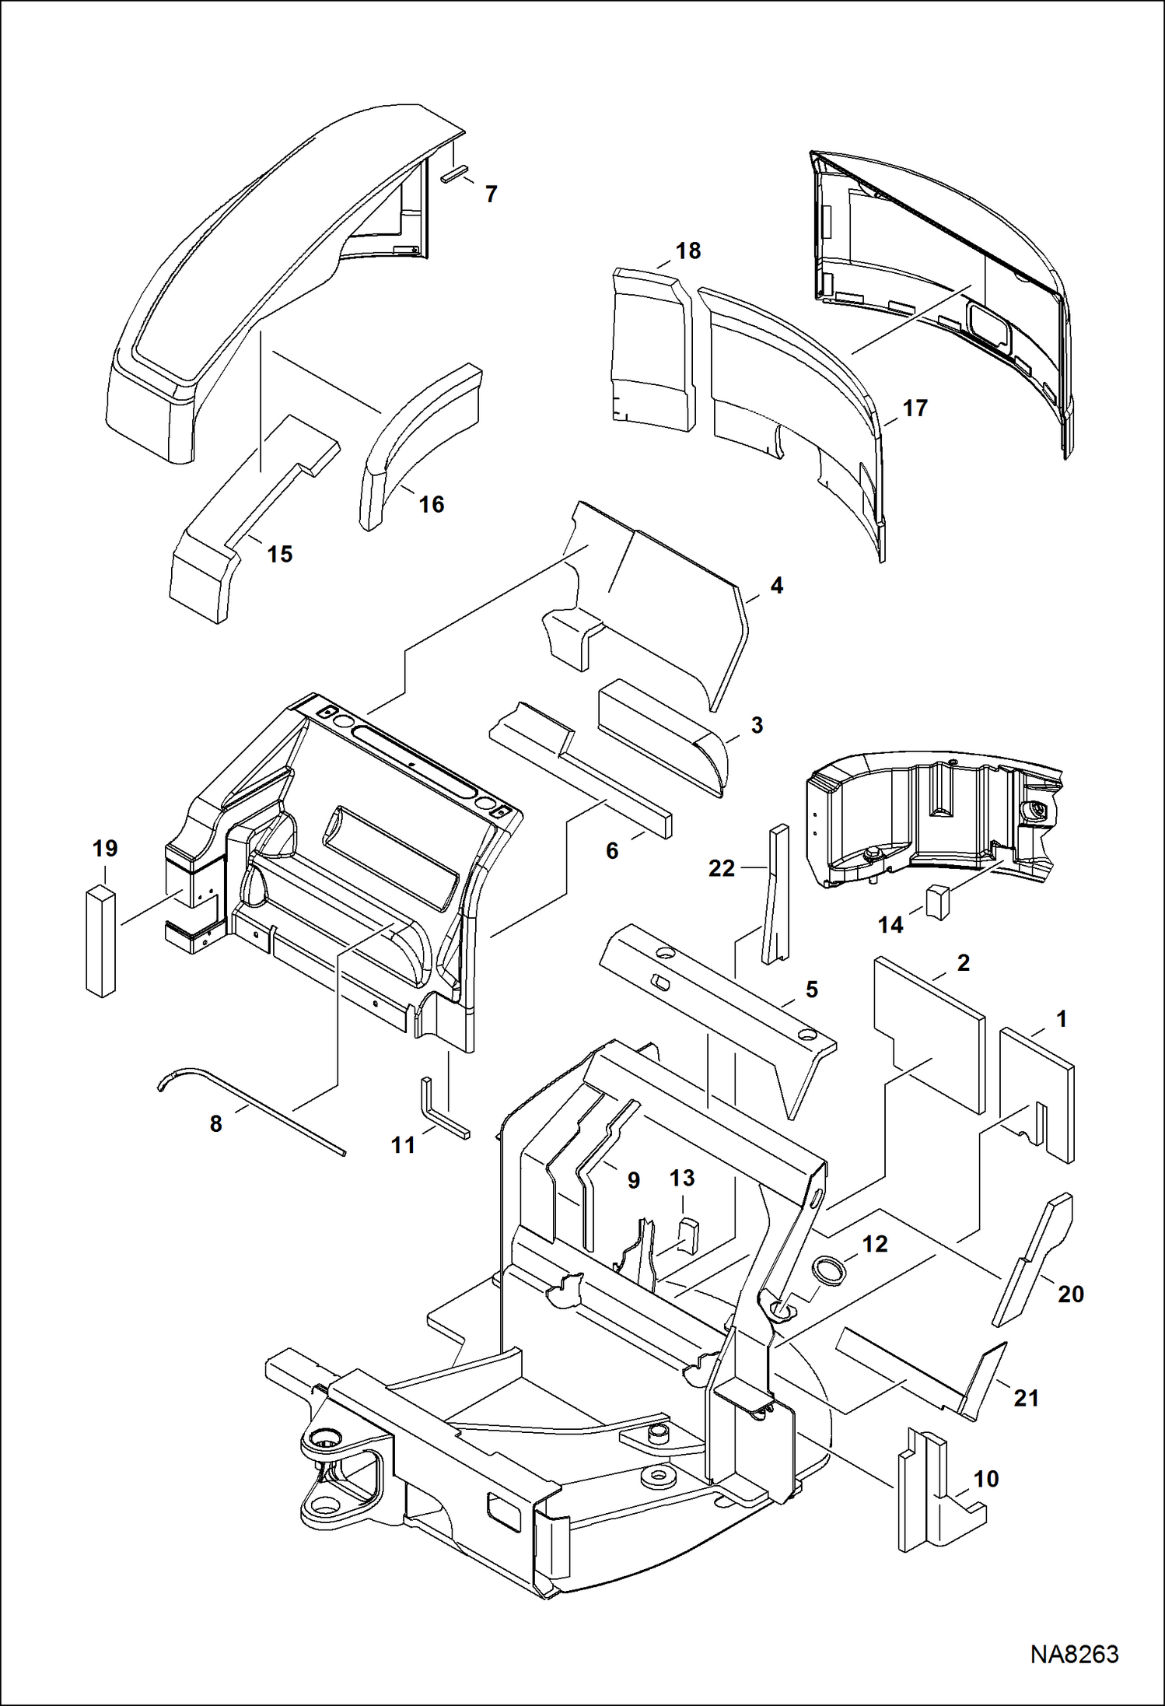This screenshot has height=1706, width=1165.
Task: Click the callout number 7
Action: (491, 194)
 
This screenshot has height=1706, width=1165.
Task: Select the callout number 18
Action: (688, 251)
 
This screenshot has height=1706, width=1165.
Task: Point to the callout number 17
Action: (915, 408)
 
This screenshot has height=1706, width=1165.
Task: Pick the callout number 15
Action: (280, 555)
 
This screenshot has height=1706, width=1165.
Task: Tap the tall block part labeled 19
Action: (100, 941)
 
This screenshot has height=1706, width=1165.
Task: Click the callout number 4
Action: (776, 586)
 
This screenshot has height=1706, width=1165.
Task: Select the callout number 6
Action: (612, 851)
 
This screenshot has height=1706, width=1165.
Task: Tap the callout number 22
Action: (721, 868)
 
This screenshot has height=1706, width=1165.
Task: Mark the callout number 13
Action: (682, 1178)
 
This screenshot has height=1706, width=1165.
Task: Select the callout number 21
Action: (1027, 1398)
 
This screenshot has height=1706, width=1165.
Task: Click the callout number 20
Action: (1070, 1294)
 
